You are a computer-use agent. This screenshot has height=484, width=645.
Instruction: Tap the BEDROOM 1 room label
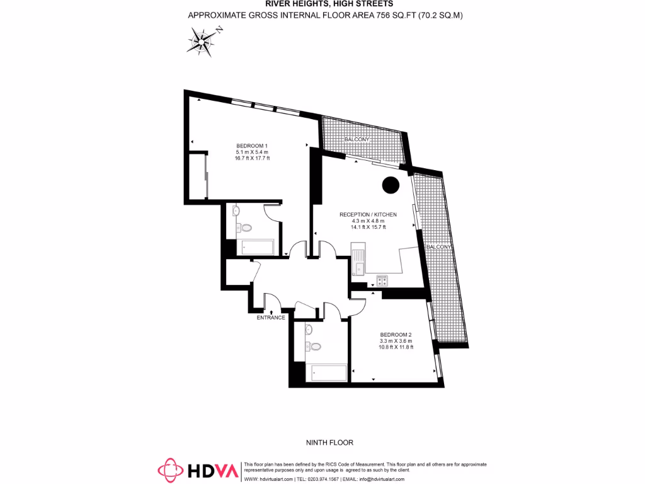[252, 146]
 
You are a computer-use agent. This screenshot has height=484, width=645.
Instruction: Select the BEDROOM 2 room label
[396, 334]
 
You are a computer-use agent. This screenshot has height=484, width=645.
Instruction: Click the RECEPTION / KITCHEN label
[368, 215]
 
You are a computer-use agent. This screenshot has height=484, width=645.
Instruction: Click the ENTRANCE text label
[271, 318]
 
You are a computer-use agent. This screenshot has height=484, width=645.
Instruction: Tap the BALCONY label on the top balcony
[357, 139]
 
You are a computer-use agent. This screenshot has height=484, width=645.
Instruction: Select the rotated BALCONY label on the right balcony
[438, 248]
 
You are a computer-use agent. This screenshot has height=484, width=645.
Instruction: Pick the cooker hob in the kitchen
[382, 280]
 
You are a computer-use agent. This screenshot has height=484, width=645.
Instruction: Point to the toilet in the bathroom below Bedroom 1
[246, 228]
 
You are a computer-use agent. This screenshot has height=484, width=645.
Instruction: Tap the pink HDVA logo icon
[171, 470]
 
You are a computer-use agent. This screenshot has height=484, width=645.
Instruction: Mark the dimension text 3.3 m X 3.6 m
[396, 341]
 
